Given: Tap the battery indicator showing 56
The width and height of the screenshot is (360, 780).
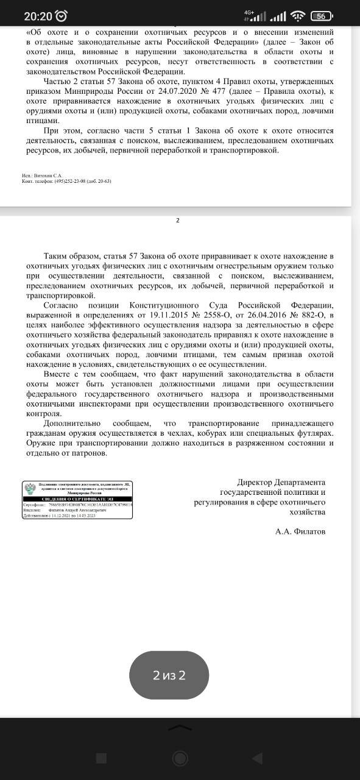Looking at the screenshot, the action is point(322,16).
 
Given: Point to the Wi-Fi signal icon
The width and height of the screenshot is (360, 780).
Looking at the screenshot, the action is point(297,15).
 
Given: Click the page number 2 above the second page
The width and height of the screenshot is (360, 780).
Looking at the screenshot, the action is point(178,221).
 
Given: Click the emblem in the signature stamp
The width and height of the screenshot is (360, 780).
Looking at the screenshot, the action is point(29,491).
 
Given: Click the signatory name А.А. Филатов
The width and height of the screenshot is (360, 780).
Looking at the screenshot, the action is point(300,531).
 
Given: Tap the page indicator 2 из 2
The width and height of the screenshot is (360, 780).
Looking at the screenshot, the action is point(169,675).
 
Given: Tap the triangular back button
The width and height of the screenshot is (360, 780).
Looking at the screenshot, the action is point(257,758).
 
